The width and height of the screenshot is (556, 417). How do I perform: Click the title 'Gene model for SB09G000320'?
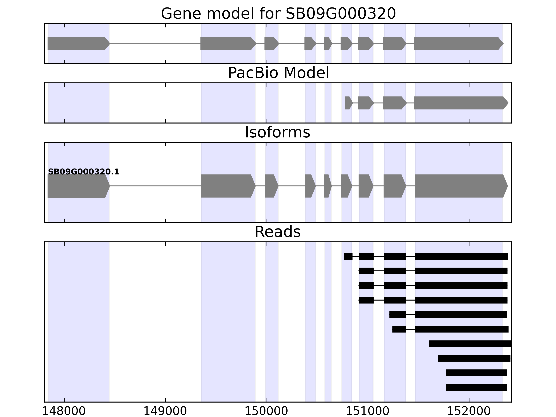(x=278, y=14)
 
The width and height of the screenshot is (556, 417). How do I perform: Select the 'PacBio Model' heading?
(x=278, y=73)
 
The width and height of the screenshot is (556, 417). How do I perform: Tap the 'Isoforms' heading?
(x=277, y=132)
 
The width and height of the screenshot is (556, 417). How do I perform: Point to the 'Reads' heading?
(x=277, y=232)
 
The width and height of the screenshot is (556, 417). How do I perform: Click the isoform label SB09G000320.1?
(x=83, y=172)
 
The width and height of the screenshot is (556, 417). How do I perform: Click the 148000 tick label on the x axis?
(x=64, y=411)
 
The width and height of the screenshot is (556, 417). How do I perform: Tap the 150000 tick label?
(x=266, y=411)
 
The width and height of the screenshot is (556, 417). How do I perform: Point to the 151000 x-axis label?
(x=368, y=411)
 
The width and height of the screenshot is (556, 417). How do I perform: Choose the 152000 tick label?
(x=469, y=411)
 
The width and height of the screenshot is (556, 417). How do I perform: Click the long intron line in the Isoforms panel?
(x=155, y=186)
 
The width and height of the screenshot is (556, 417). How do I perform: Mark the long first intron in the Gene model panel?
(x=155, y=43)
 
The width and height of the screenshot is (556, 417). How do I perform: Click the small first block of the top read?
(x=348, y=256)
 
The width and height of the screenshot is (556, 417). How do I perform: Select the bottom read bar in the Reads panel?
(x=477, y=387)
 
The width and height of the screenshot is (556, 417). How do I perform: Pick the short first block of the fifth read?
(x=398, y=314)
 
